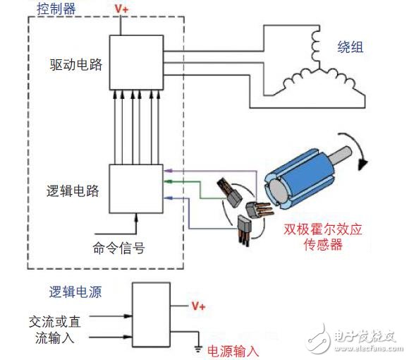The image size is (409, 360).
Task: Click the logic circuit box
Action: [133, 188]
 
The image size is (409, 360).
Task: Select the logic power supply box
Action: [152, 314]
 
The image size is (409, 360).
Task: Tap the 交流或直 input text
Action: [54, 321]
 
